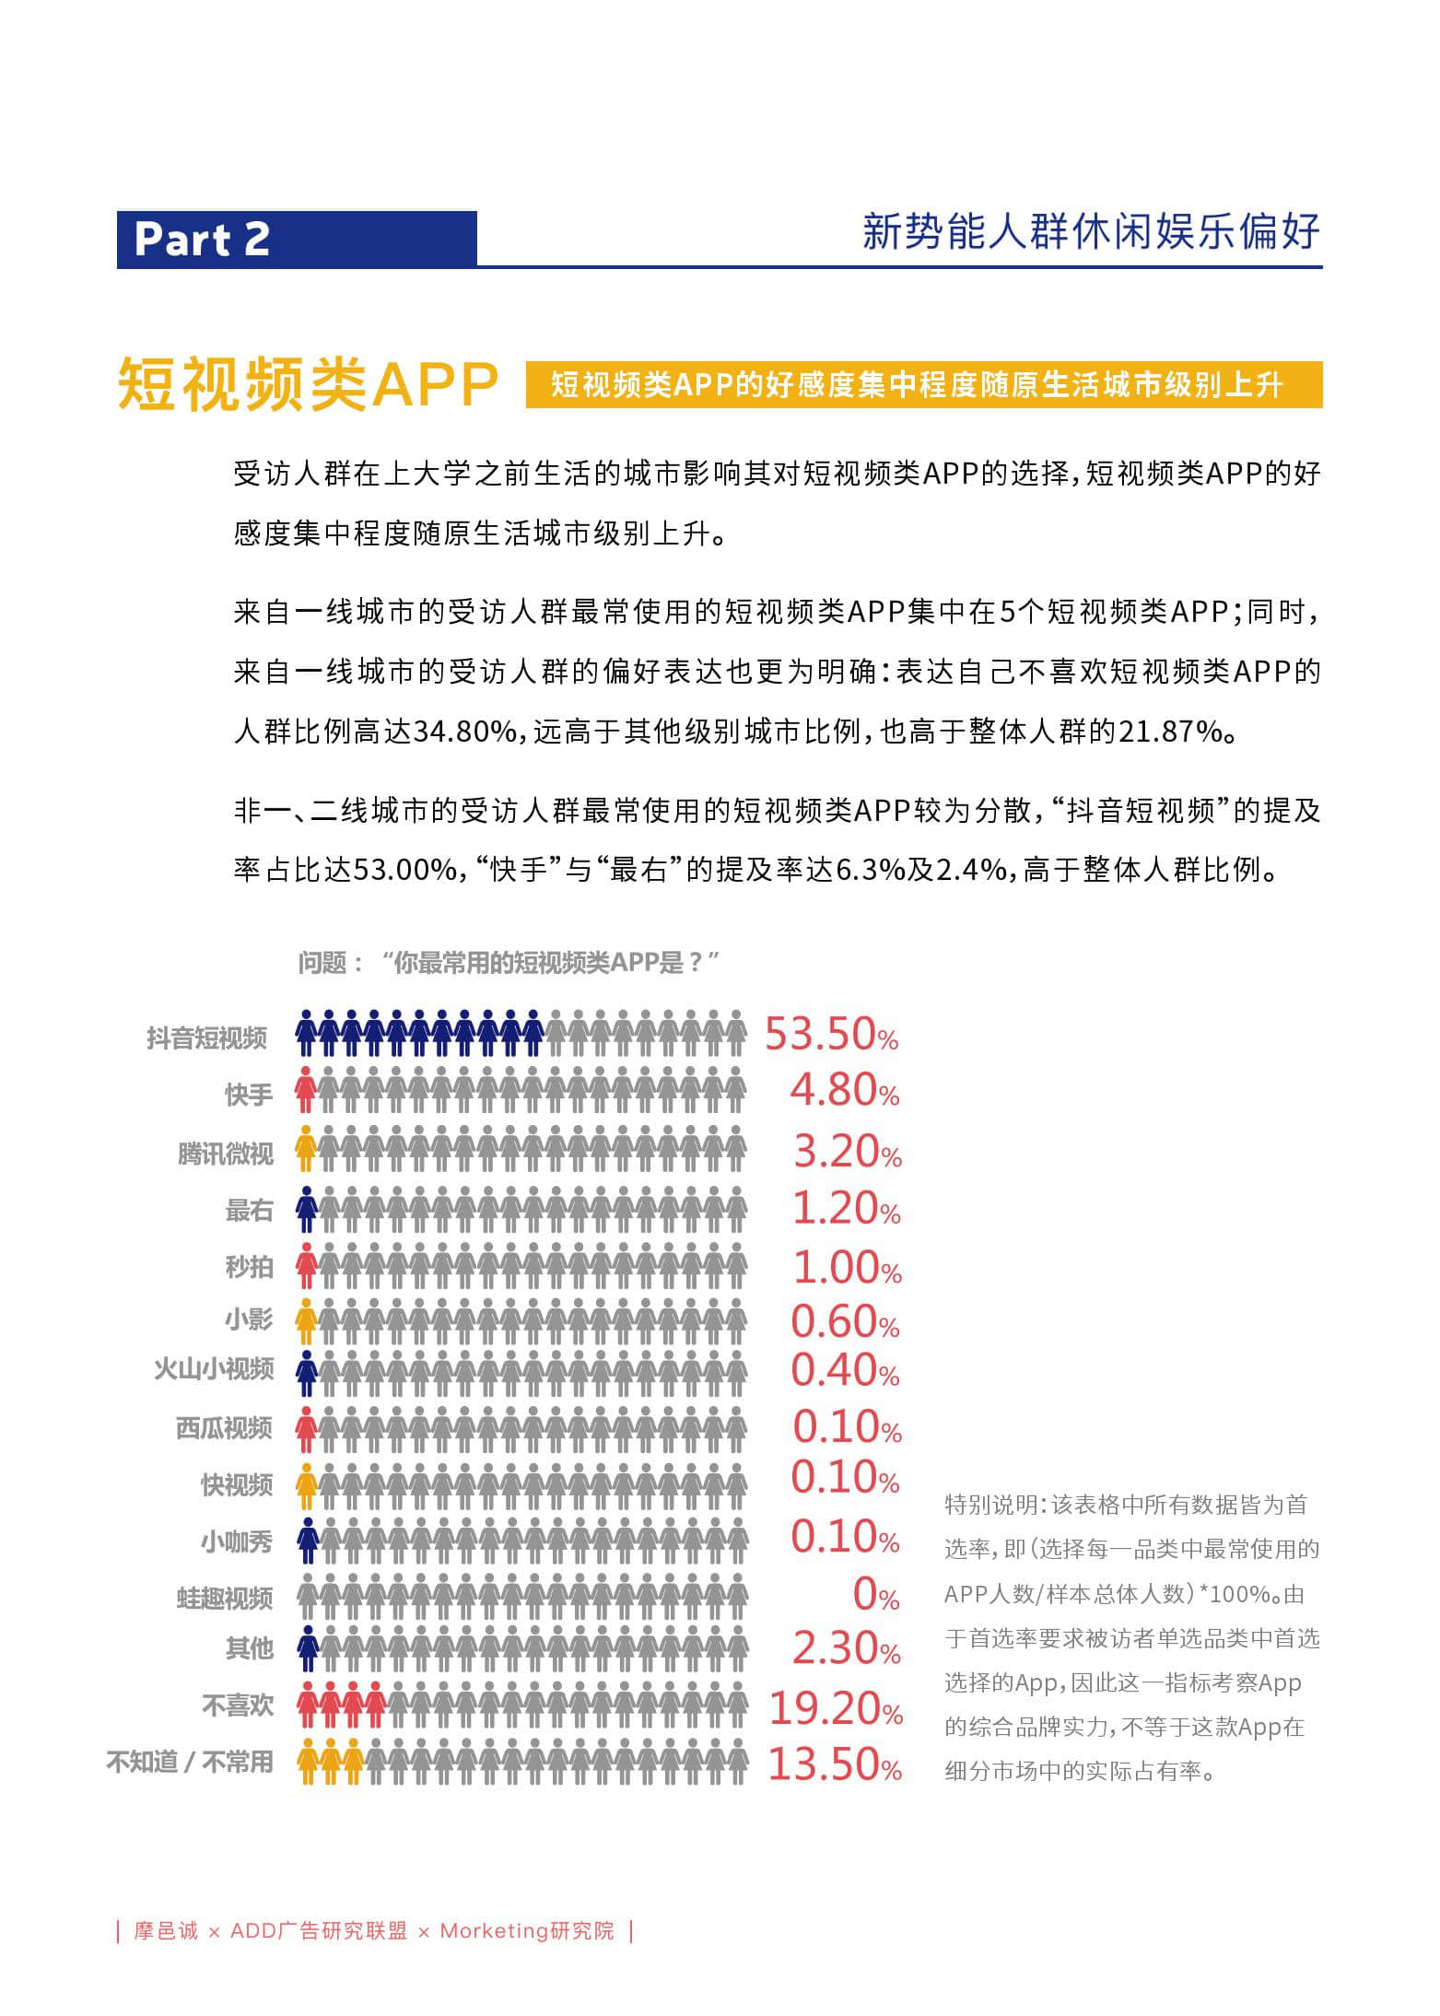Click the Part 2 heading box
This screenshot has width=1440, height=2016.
coord(296,239)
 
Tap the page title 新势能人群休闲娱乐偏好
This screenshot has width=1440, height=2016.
coord(1091,231)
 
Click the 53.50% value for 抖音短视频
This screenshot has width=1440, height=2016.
coord(831,1034)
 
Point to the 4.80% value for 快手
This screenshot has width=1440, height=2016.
coord(844,1091)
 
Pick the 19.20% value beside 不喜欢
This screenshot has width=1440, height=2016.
coord(836,1708)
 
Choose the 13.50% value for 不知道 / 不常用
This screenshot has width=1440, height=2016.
coord(835,1764)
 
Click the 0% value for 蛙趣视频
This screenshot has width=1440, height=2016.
coord(875,1594)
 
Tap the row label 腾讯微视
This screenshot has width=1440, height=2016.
coord(226,1153)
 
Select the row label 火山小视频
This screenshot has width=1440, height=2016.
coord(214,1369)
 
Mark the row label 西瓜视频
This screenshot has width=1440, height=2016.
coord(224,1427)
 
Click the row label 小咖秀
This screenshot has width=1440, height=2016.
coord(237,1541)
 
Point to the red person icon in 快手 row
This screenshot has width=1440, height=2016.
coord(306,1090)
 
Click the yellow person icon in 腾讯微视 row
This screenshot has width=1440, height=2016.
coord(306,1148)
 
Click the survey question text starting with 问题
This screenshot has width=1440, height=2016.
coord(508,963)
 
